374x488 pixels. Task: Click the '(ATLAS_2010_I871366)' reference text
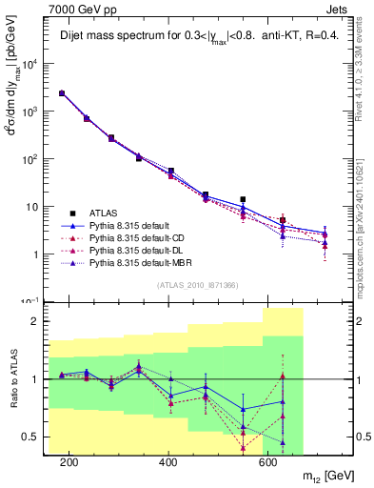click(x=196, y=286)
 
